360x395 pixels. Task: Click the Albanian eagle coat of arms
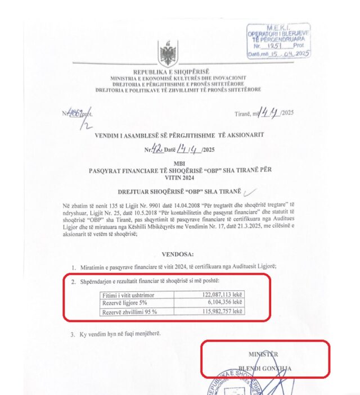click(x=167, y=54)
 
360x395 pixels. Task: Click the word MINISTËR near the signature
click(x=263, y=354)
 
